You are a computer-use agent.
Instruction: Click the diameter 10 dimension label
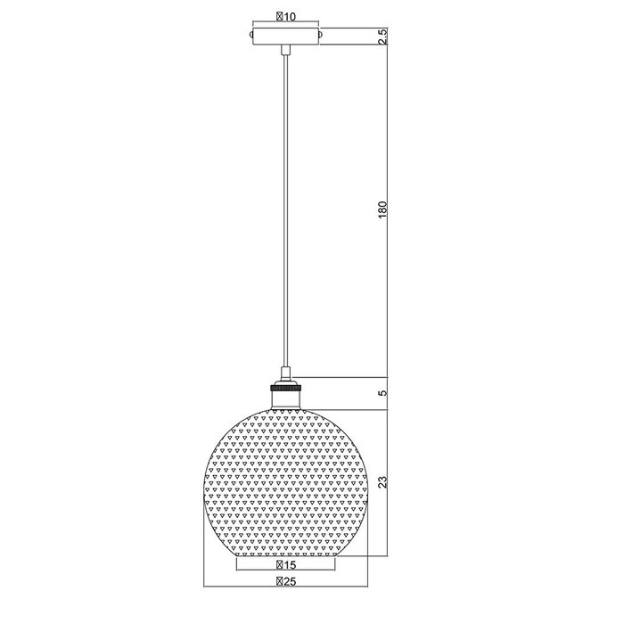tap(286, 16)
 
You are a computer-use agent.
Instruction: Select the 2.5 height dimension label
tap(382, 37)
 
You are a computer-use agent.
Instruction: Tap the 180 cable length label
tap(382, 209)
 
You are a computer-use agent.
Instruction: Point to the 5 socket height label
tap(382, 393)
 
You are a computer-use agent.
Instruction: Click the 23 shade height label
tap(382, 482)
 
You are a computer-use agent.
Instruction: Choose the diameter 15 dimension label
tap(286, 564)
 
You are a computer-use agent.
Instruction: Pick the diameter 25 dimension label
tap(286, 581)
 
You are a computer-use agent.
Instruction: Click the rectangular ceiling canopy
tap(286, 37)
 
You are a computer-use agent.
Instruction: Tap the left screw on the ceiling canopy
tap(250, 35)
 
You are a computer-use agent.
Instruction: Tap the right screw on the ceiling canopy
tap(321, 35)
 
